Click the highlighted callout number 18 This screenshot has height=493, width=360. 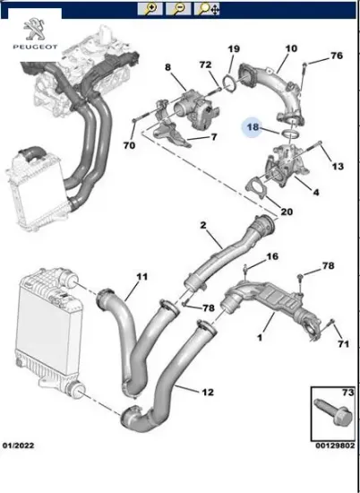coord(253,129)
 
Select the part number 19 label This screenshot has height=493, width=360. coord(233,48)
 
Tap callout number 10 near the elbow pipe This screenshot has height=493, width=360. coord(291,48)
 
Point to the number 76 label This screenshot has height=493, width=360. coord(336,56)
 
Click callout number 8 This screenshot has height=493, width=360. coord(167,67)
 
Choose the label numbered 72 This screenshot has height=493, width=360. coord(205,66)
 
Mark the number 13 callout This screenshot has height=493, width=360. coord(337,167)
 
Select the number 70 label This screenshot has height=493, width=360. coord(129,144)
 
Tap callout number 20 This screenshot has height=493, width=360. coord(286,212)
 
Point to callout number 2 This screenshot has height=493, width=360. coord(203,225)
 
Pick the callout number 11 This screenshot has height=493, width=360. coord(141,279)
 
